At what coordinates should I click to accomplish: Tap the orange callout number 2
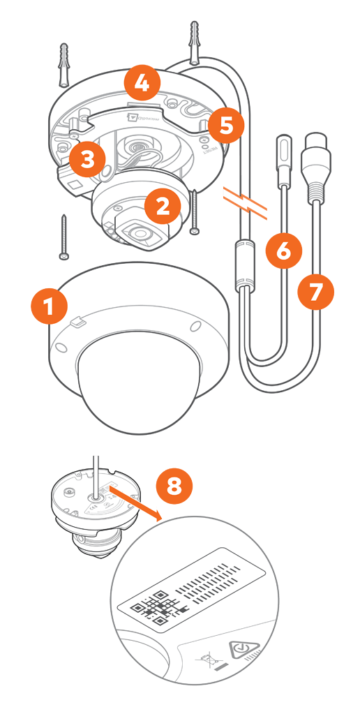[163, 205]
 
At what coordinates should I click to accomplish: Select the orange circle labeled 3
[87, 158]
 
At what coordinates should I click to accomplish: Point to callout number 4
[142, 84]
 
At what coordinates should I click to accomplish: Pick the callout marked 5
[225, 126]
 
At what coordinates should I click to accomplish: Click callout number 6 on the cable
[283, 251]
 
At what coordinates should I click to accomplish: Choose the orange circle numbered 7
[315, 292]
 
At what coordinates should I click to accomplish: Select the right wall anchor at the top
[193, 41]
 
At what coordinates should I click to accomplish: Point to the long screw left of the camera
[64, 237]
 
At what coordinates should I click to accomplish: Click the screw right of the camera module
[194, 209]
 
